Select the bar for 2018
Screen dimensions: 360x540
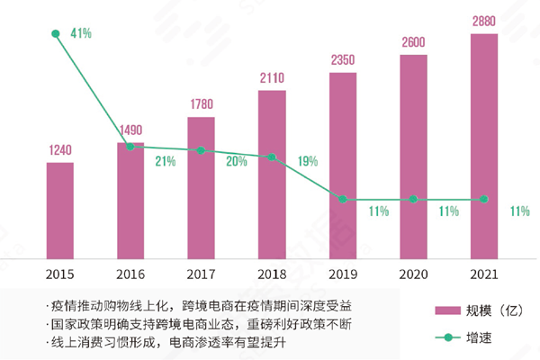[272, 173]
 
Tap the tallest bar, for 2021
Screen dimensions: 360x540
[484, 144]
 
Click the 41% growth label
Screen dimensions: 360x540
[79, 34]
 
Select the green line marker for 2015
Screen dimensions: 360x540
[56, 35]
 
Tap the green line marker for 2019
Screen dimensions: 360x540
[343, 199]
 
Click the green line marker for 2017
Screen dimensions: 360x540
[201, 150]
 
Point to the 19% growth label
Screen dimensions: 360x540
[307, 162]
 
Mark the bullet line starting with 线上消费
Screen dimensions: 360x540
[157, 343]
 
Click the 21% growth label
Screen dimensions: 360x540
[165, 161]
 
